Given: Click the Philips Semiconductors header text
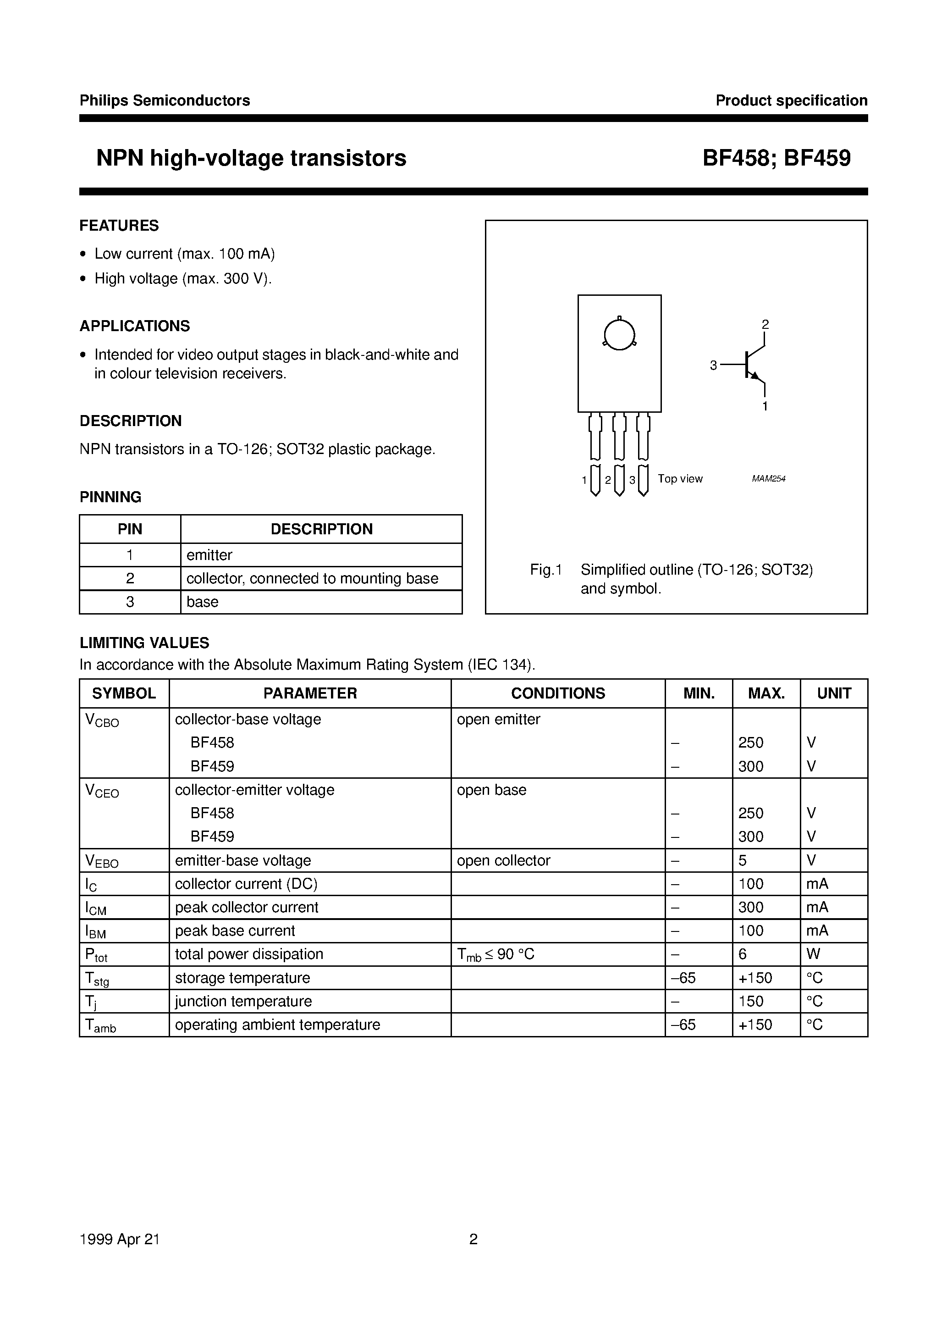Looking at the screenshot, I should coord(165,100).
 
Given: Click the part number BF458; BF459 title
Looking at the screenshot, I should coord(776,158).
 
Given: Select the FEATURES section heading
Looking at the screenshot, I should coord(119,226).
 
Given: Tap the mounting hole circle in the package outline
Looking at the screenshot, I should coord(619,335).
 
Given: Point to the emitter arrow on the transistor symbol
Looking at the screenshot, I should coord(757,377).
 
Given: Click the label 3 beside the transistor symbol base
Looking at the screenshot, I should coord(713,366).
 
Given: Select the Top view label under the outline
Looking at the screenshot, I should coord(680,479).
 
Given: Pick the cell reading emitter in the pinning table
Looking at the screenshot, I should coord(209,555).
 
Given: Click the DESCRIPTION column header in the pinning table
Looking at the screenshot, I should coord(321,529).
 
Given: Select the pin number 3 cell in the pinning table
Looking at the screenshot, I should coord(130,602).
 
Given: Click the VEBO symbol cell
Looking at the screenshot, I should coord(102,861).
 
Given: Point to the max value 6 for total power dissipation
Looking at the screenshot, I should coord(743,954).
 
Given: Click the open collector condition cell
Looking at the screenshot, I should coord(503,861).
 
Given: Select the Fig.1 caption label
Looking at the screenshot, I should coord(545,570).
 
